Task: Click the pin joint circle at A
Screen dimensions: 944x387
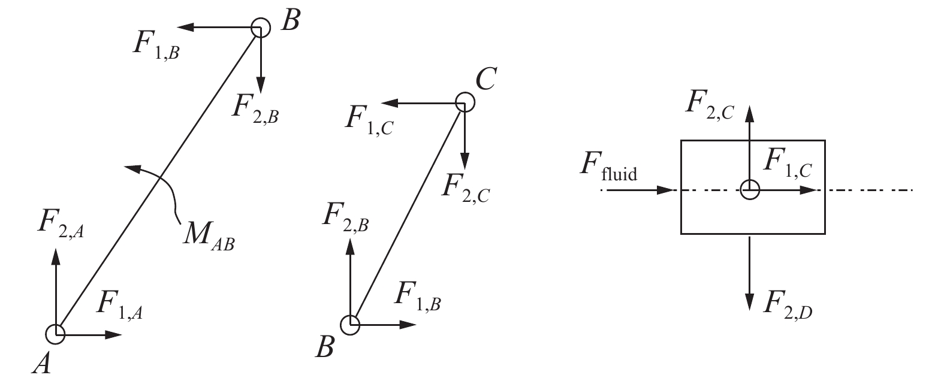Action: pyautogui.click(x=56, y=334)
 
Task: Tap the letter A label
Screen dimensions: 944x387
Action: pyautogui.click(x=41, y=363)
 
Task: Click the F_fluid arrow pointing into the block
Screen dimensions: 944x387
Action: pyautogui.click(x=641, y=191)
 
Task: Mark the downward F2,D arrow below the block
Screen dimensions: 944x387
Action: pyautogui.click(x=749, y=273)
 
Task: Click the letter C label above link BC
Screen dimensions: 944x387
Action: pyautogui.click(x=485, y=80)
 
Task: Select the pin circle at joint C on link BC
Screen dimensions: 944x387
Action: pyautogui.click(x=465, y=102)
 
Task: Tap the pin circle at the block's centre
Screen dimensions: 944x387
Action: pyautogui.click(x=750, y=190)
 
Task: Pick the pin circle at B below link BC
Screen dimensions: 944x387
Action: pyautogui.click(x=350, y=325)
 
